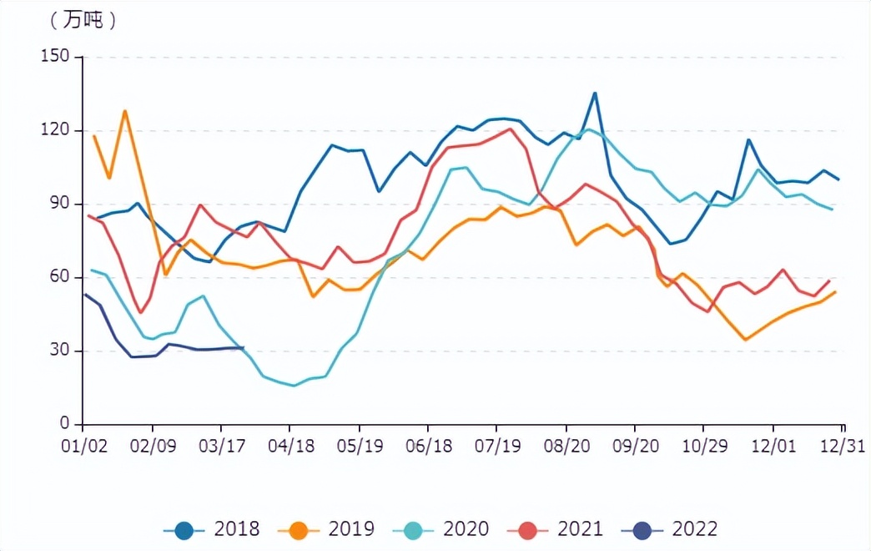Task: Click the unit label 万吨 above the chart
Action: (83, 21)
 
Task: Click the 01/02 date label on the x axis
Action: (85, 447)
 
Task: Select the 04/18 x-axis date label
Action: (290, 447)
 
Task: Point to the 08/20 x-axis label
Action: (566, 447)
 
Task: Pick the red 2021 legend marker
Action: (528, 528)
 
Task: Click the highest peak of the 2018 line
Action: (595, 93)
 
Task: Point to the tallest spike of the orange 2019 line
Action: (125, 110)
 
